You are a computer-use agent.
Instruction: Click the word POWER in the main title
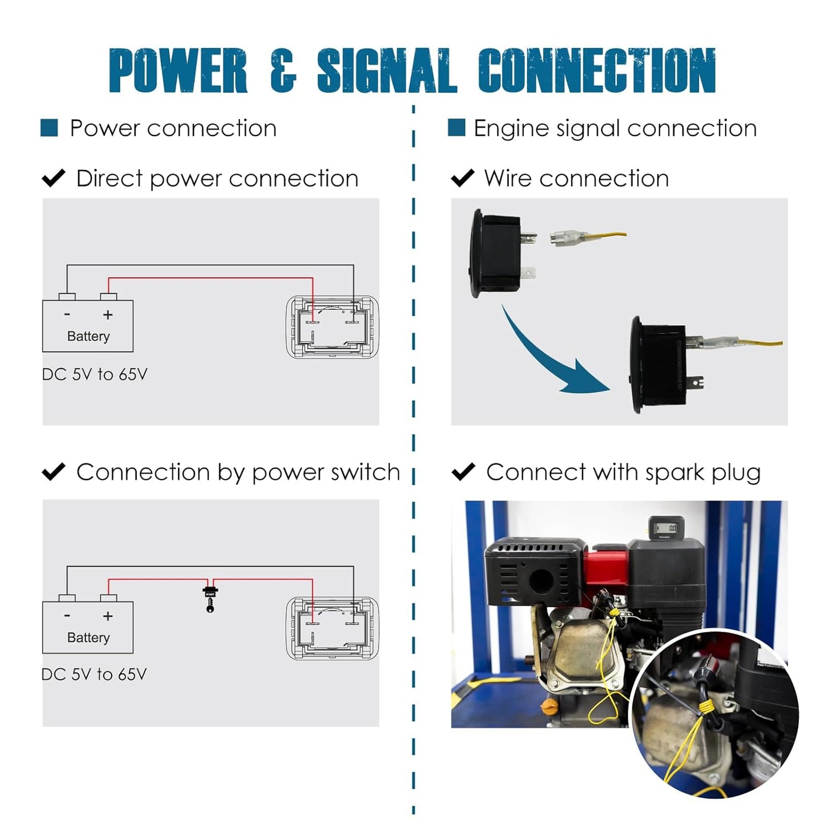point(178,70)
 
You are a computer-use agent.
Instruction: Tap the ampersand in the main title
point(283,70)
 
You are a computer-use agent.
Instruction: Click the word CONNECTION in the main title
point(597,70)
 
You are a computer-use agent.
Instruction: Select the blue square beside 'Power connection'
point(49,128)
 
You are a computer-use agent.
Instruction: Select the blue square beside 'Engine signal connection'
point(456,128)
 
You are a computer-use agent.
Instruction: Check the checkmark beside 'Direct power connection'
point(54,178)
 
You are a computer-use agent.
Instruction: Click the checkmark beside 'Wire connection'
point(462,178)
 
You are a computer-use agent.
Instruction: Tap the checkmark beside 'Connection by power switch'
point(54,472)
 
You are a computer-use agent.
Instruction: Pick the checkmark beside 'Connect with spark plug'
point(463,472)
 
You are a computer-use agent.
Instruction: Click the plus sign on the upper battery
point(108,315)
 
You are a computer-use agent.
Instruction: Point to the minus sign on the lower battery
point(67,616)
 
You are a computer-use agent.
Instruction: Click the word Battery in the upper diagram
point(88,336)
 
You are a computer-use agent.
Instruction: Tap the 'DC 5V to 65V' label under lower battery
point(94,674)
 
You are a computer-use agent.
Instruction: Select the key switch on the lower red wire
point(210,598)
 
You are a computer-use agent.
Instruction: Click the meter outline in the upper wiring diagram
point(332,327)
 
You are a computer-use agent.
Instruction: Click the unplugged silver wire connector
point(567,237)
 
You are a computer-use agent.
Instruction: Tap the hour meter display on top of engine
point(666,528)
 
